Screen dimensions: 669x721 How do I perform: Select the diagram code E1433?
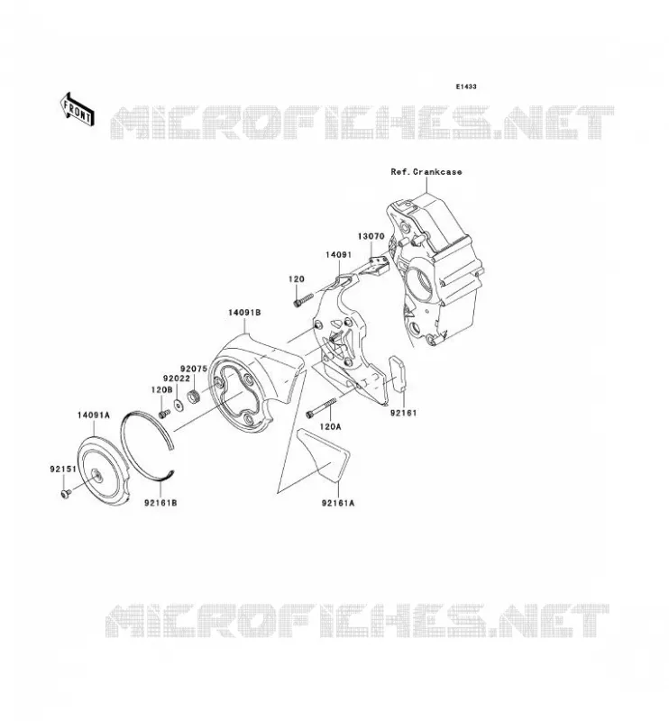[466, 87]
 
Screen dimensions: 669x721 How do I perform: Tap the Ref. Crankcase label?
[426, 171]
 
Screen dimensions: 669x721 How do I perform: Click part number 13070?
[371, 236]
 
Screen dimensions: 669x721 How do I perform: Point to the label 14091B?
[244, 313]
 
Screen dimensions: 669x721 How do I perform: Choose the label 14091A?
[94, 415]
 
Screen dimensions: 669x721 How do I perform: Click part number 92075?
[194, 369]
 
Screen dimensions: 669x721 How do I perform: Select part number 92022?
[177, 379]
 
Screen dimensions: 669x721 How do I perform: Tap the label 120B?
[161, 389]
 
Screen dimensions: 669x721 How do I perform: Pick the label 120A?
[330, 427]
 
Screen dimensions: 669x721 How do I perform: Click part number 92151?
[63, 470]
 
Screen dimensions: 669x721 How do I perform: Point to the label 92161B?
[160, 503]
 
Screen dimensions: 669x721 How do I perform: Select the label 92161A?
[338, 503]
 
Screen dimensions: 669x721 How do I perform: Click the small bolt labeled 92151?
[65, 493]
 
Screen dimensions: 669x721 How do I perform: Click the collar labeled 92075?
[194, 396]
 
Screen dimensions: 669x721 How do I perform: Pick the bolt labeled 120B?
[164, 414]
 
